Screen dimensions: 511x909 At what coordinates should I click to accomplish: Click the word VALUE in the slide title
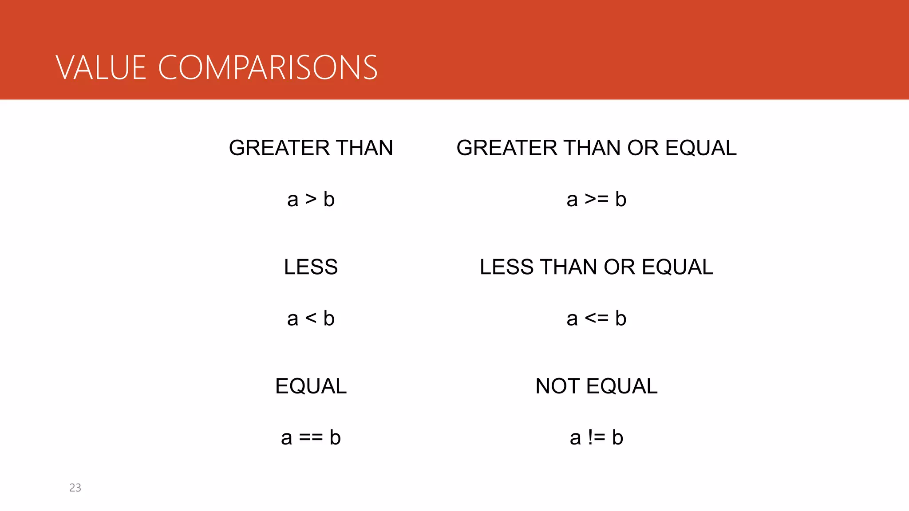[101, 68]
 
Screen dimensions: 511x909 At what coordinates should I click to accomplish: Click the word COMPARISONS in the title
[268, 68]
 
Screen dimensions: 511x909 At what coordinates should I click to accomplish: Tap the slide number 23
[75, 487]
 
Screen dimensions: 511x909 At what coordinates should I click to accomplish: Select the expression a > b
[311, 200]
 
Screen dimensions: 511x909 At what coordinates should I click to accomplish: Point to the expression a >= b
[596, 200]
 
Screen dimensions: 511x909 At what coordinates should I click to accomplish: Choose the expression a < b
[311, 318]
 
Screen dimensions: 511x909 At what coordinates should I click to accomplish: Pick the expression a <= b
[596, 318]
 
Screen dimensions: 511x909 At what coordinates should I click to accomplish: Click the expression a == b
[311, 438]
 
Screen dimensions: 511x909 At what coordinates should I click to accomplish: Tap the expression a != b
[596, 438]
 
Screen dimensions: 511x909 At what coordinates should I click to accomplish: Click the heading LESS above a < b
[311, 267]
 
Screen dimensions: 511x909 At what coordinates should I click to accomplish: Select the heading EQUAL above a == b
[311, 386]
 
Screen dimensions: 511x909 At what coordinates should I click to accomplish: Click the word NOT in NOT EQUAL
[557, 386]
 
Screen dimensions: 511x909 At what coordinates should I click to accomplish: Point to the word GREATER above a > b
[279, 148]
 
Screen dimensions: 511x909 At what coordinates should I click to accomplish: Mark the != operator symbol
[596, 438]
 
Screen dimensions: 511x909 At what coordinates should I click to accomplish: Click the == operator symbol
[311, 438]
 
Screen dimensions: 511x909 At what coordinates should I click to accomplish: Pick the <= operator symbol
[596, 318]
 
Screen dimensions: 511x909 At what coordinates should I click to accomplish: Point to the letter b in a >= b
[620, 200]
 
